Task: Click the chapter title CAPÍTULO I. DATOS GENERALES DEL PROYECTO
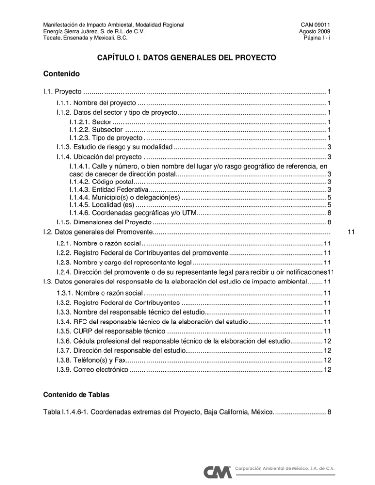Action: click(x=187, y=58)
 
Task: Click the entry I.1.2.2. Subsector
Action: click(x=95, y=129)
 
